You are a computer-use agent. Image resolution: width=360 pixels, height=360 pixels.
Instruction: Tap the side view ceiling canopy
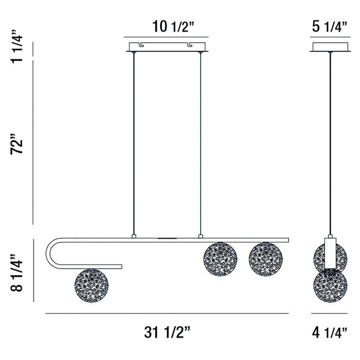pos(330,46)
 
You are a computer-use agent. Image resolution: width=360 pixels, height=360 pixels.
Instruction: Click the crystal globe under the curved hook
pos(91,286)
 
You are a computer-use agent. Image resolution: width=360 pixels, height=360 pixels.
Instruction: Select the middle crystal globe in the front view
pos(220,259)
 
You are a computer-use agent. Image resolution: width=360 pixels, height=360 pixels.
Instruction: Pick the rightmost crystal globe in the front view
pos(266,259)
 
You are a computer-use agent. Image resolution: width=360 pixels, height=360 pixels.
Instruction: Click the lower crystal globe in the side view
pos(330,284)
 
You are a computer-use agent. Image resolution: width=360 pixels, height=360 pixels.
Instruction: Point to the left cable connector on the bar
pos(134,236)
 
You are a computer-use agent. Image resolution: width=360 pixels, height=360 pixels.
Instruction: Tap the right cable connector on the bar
pos(200,236)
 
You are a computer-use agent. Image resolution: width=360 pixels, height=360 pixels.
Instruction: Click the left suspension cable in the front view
pos(134,142)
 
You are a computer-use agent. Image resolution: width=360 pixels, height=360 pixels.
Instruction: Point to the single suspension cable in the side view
pos(330,142)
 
